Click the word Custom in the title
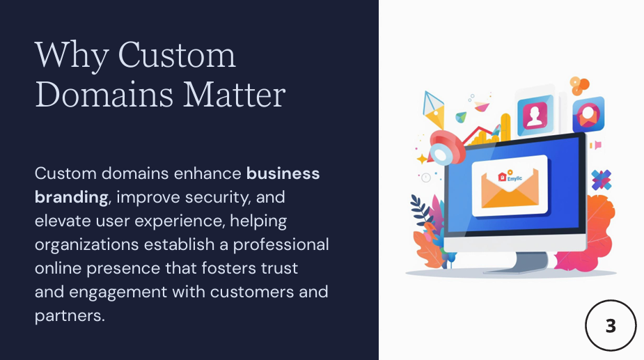(177, 54)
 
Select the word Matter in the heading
(234, 95)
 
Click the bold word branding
(72, 198)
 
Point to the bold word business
(283, 173)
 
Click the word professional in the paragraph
(281, 244)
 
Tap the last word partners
(70, 316)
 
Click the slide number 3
(611, 326)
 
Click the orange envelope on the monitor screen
(510, 188)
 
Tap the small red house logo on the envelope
(502, 177)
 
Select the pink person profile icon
(535, 115)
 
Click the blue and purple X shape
(602, 180)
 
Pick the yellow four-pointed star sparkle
(422, 159)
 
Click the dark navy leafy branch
(421, 210)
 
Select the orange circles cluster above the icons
(579, 85)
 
